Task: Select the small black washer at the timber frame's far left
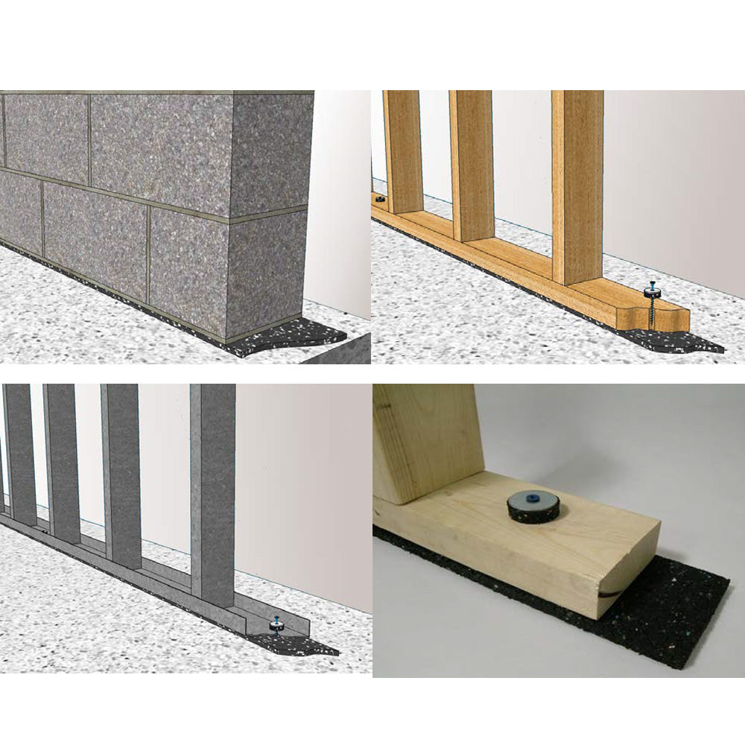pyautogui.click(x=379, y=200)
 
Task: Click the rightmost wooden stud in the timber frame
pyautogui.click(x=577, y=186)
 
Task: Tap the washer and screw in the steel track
pyautogui.click(x=277, y=624)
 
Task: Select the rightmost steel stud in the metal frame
pyautogui.click(x=212, y=492)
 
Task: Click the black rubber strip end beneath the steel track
pyautogui.click(x=313, y=646)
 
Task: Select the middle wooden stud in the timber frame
pyautogui.click(x=471, y=164)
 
